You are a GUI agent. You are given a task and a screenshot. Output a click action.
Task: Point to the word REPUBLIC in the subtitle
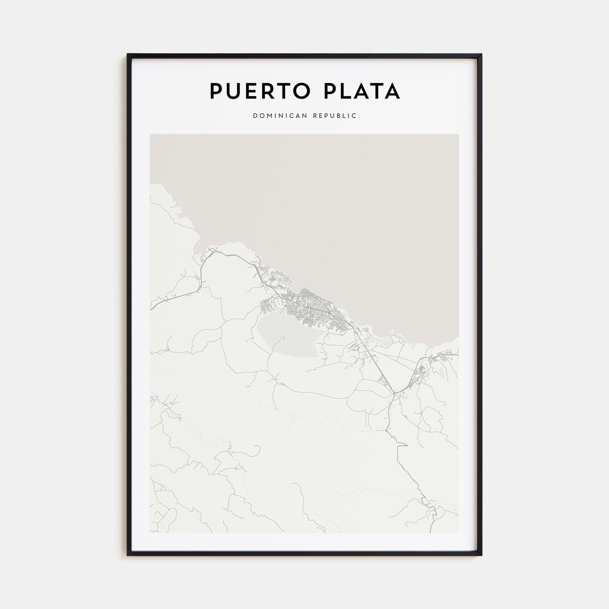335,116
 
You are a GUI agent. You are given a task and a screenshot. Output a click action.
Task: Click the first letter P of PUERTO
216,91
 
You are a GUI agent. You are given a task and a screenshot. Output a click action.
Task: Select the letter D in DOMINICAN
255,116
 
